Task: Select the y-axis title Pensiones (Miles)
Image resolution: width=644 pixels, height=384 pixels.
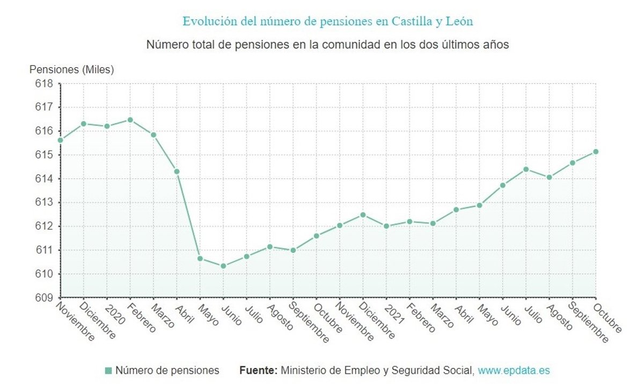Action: (x=72, y=69)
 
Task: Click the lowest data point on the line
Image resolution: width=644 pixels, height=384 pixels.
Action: (x=223, y=266)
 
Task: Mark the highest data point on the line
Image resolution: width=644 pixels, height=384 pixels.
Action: (x=130, y=120)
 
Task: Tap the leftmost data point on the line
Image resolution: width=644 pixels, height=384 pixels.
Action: (x=60, y=140)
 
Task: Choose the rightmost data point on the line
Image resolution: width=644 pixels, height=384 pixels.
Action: (x=596, y=151)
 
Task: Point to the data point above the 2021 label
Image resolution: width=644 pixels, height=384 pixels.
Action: (x=386, y=226)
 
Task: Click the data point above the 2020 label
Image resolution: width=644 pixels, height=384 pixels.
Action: (x=107, y=126)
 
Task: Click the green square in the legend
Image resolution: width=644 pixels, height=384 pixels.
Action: (x=108, y=371)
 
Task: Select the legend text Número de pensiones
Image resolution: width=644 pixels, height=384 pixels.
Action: (x=167, y=371)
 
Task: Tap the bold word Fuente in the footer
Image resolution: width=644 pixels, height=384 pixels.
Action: (x=258, y=371)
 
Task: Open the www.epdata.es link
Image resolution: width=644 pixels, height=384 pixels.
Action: (x=514, y=371)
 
